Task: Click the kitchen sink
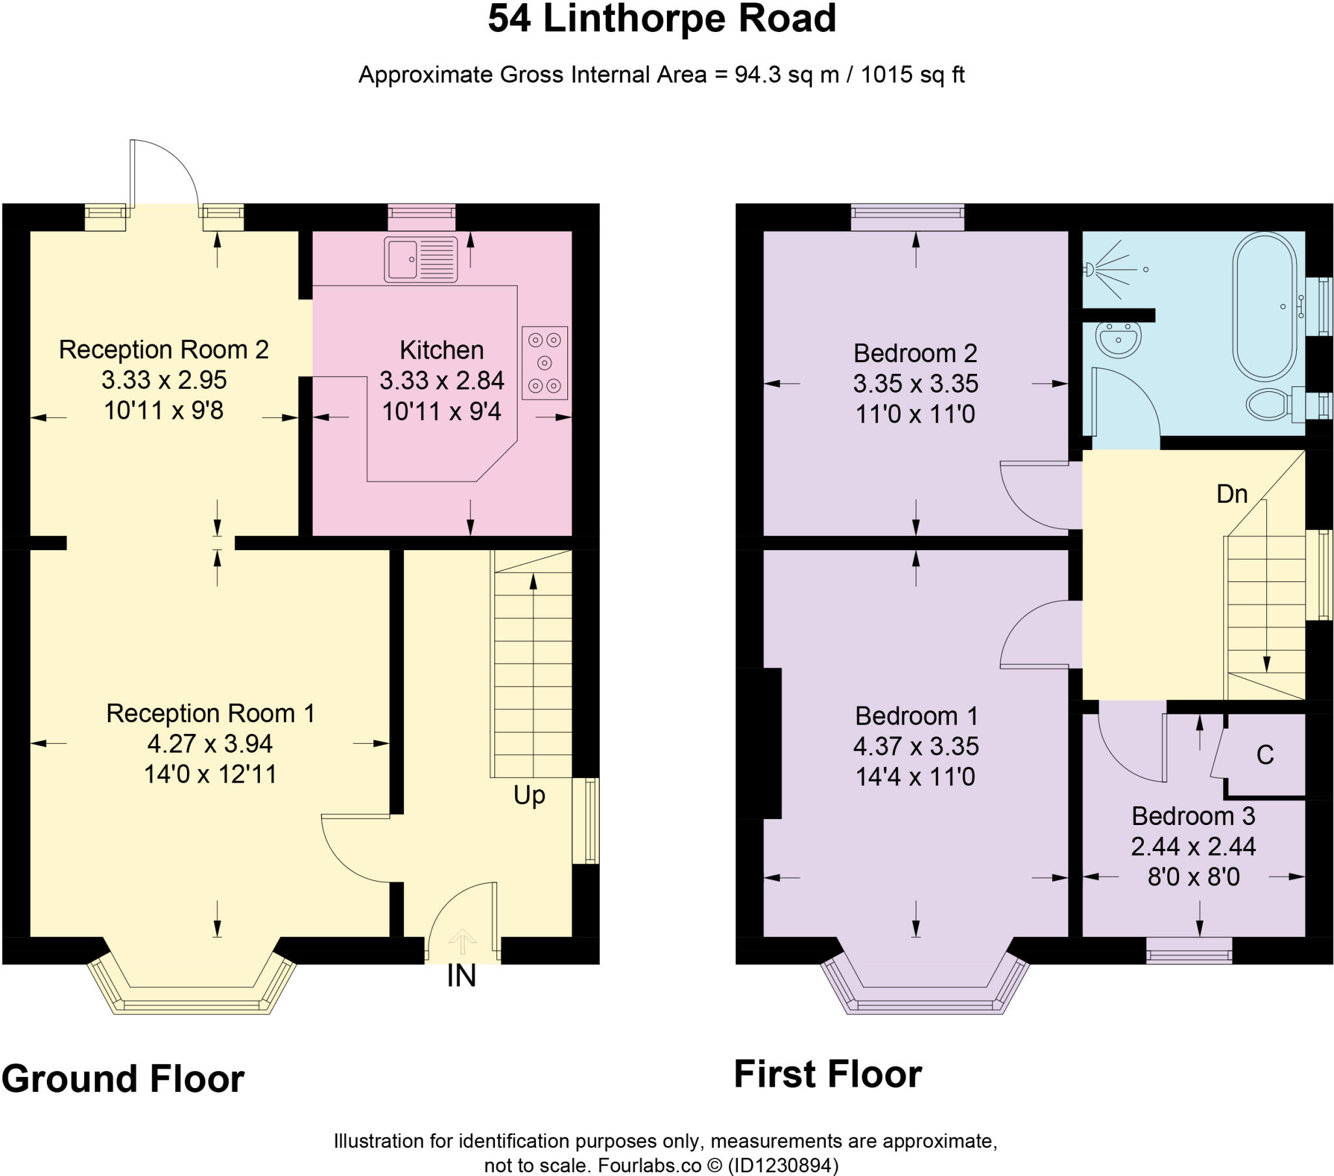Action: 421,259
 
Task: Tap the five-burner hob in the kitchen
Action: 545,363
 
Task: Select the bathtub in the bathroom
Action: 1265,306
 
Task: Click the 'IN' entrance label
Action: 461,976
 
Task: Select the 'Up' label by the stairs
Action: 530,796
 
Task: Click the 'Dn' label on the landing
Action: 1232,494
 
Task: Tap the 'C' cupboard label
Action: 1265,755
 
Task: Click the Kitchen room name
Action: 442,350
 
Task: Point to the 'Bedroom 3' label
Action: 1193,816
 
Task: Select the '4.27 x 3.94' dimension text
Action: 210,744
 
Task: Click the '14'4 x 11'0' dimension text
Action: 916,777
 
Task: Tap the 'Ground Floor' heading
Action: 123,1079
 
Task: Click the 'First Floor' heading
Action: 828,1074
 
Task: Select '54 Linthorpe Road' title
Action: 662,18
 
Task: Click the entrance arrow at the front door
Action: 462,942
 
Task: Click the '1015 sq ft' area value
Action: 913,74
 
